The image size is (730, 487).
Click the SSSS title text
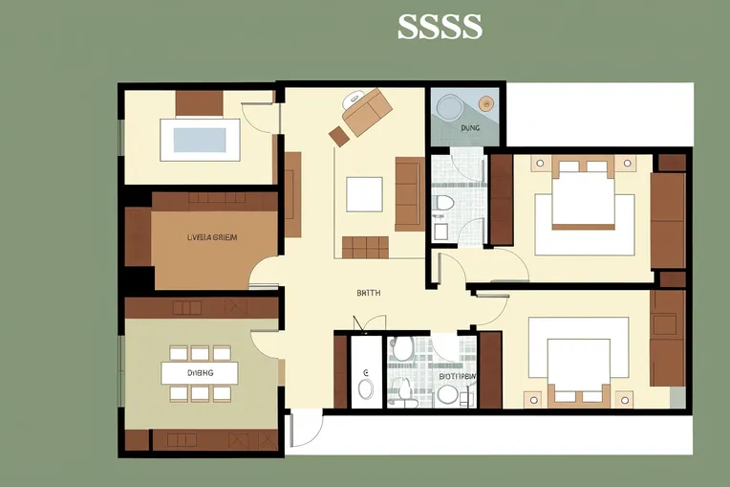point(440,27)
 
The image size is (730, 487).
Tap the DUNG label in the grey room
point(469,126)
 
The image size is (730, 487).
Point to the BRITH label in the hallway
point(368,294)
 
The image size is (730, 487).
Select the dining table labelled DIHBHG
point(200,372)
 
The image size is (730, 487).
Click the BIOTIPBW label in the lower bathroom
point(457,377)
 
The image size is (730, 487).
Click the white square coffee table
point(364,194)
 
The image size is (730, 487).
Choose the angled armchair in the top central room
point(367,112)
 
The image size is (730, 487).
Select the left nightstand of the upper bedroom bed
point(538,165)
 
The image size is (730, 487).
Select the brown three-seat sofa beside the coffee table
point(408,194)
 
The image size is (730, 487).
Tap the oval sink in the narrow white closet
point(365,387)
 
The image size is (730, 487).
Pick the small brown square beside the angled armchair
point(338,136)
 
